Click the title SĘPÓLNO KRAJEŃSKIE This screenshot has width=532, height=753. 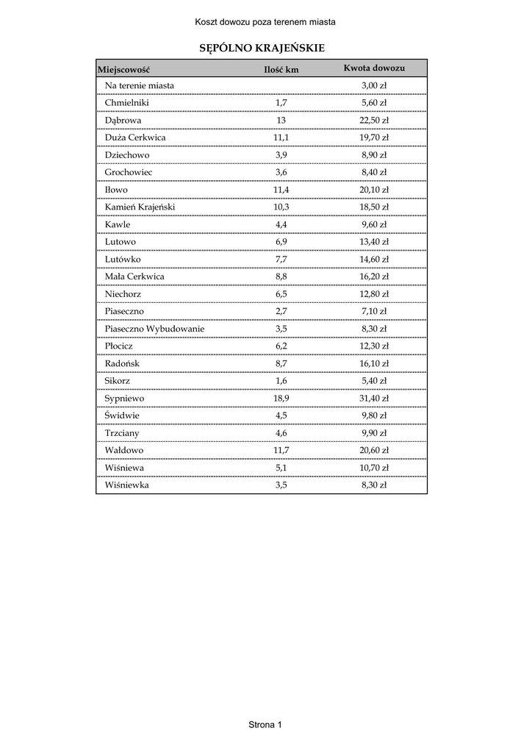pyautogui.click(x=262, y=48)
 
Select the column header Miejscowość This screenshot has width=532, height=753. pyautogui.click(x=123, y=70)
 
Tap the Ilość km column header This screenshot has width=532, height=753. pyautogui.click(x=281, y=70)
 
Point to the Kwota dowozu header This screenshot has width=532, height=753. pyautogui.click(x=374, y=68)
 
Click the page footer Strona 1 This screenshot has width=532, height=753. pyautogui.click(x=265, y=725)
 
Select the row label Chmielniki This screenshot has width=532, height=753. pyautogui.click(x=126, y=103)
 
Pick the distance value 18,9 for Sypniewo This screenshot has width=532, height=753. pyautogui.click(x=281, y=398)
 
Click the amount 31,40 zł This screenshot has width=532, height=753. pyautogui.click(x=374, y=398)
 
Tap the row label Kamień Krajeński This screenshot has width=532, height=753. pyautogui.click(x=140, y=207)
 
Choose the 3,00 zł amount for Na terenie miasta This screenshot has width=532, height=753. pyautogui.click(x=374, y=86)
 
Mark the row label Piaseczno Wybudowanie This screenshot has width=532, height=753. pyautogui.click(x=154, y=329)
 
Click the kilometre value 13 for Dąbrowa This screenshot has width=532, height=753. pyautogui.click(x=281, y=121)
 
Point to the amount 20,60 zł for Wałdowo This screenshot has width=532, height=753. pyautogui.click(x=374, y=450)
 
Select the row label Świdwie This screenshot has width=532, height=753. pyautogui.click(x=122, y=415)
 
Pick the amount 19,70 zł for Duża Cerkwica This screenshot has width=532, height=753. pyautogui.click(x=374, y=138)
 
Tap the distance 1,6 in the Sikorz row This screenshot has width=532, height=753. pyautogui.click(x=281, y=381)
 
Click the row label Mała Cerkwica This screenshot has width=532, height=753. pyautogui.click(x=134, y=276)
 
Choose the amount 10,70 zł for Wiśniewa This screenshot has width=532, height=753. pyautogui.click(x=374, y=468)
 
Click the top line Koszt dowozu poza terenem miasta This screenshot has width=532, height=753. pyautogui.click(x=265, y=22)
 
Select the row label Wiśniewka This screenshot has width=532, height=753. pyautogui.click(x=126, y=485)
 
